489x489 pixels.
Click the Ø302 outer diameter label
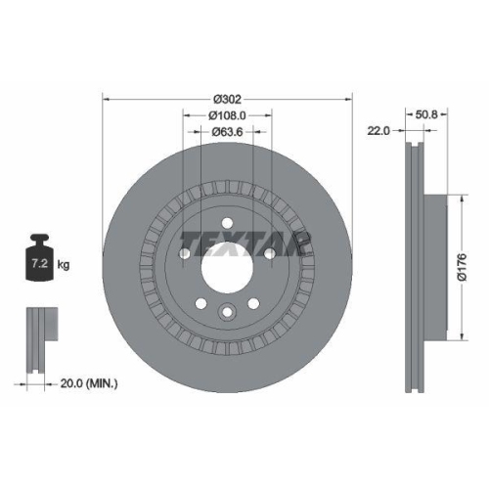pyautogui.click(x=227, y=99)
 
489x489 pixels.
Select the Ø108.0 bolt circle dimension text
pyautogui.click(x=227, y=116)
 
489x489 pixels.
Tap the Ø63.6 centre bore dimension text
pyautogui.click(x=227, y=134)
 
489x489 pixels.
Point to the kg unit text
pyautogui.click(x=64, y=264)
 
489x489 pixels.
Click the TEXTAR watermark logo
pyautogui.click(x=244, y=241)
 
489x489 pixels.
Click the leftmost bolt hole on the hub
pyautogui.click(x=184, y=253)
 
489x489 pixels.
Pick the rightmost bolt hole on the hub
pyautogui.click(x=270, y=253)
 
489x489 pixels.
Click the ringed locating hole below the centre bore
pyautogui.click(x=227, y=312)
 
